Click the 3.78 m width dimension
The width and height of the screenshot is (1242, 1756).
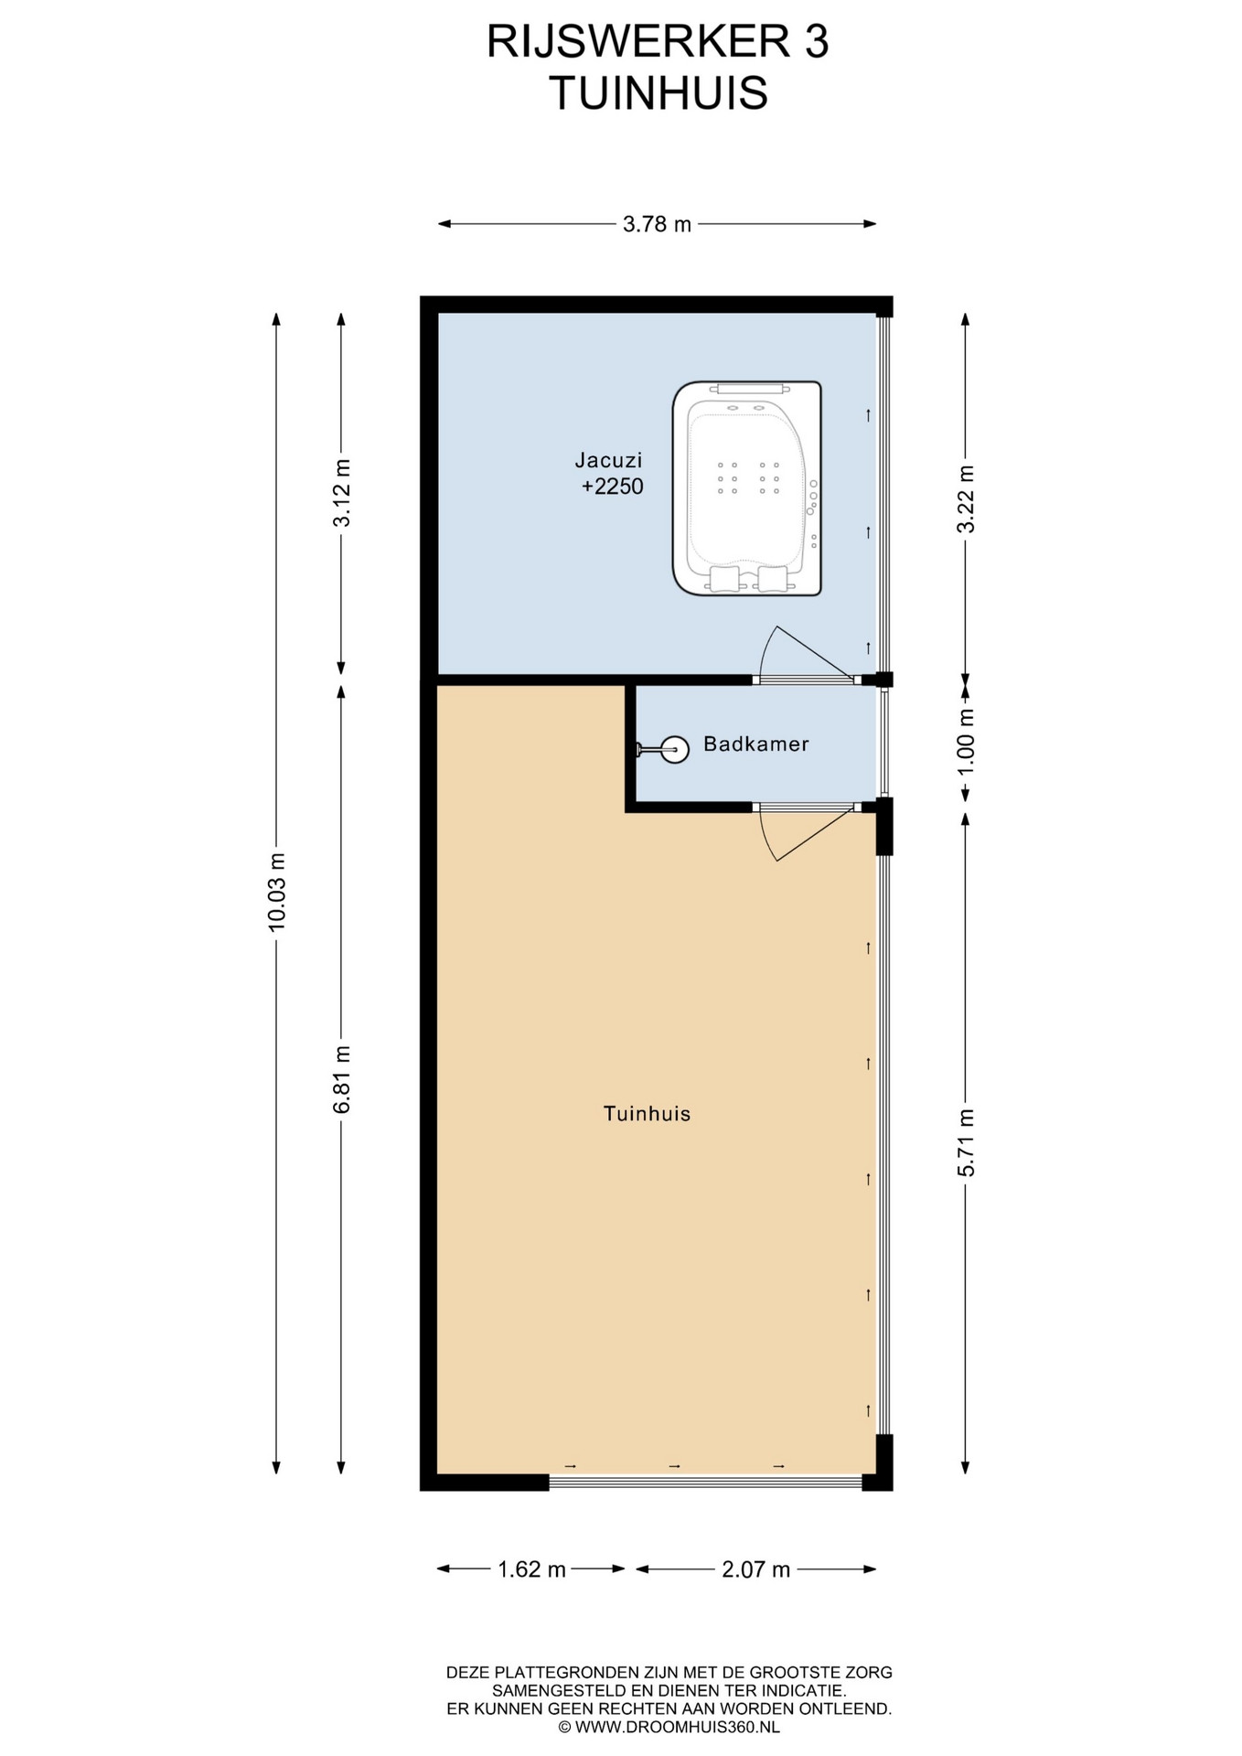point(657,224)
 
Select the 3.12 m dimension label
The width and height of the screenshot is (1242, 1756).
point(342,493)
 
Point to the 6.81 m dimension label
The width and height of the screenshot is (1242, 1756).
point(342,1079)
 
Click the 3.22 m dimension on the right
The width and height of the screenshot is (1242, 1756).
point(966,498)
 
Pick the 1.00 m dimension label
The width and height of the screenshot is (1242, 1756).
point(966,742)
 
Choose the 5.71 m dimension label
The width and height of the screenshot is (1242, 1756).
point(966,1142)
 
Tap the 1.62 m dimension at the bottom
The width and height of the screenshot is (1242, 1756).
point(531,1570)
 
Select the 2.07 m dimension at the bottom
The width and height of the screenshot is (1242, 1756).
point(755,1570)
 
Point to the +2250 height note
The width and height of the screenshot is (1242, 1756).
point(613,487)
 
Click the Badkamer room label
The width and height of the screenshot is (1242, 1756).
point(756,744)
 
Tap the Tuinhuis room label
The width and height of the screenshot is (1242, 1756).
point(647,1114)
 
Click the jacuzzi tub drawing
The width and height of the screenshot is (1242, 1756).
point(747,488)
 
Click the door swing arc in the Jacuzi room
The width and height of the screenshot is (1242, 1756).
point(765,646)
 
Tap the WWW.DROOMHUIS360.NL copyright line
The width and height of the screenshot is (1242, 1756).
point(669,1728)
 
